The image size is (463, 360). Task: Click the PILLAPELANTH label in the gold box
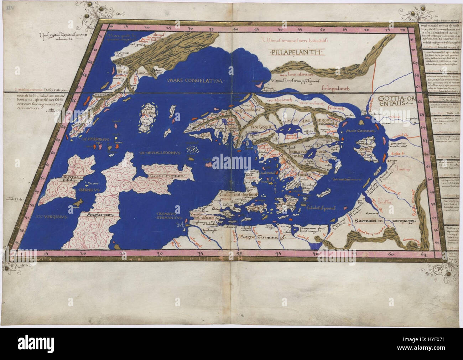(294, 52)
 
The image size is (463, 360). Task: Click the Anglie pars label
(96, 215)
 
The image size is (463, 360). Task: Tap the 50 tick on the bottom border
(316, 254)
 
